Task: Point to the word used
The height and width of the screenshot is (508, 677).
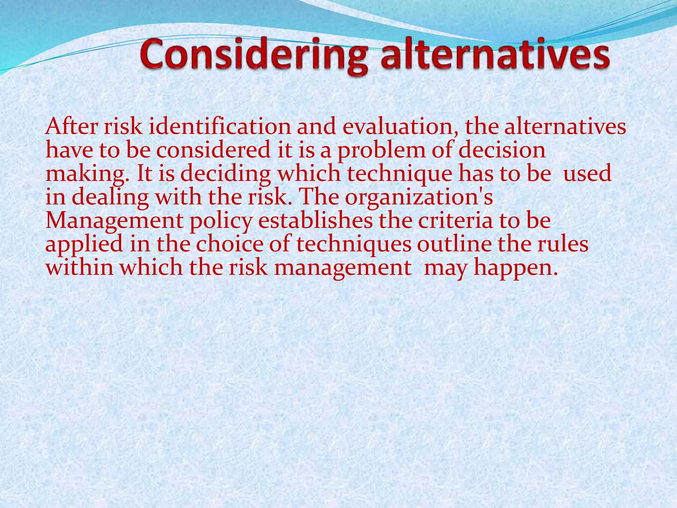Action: pos(587,174)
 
